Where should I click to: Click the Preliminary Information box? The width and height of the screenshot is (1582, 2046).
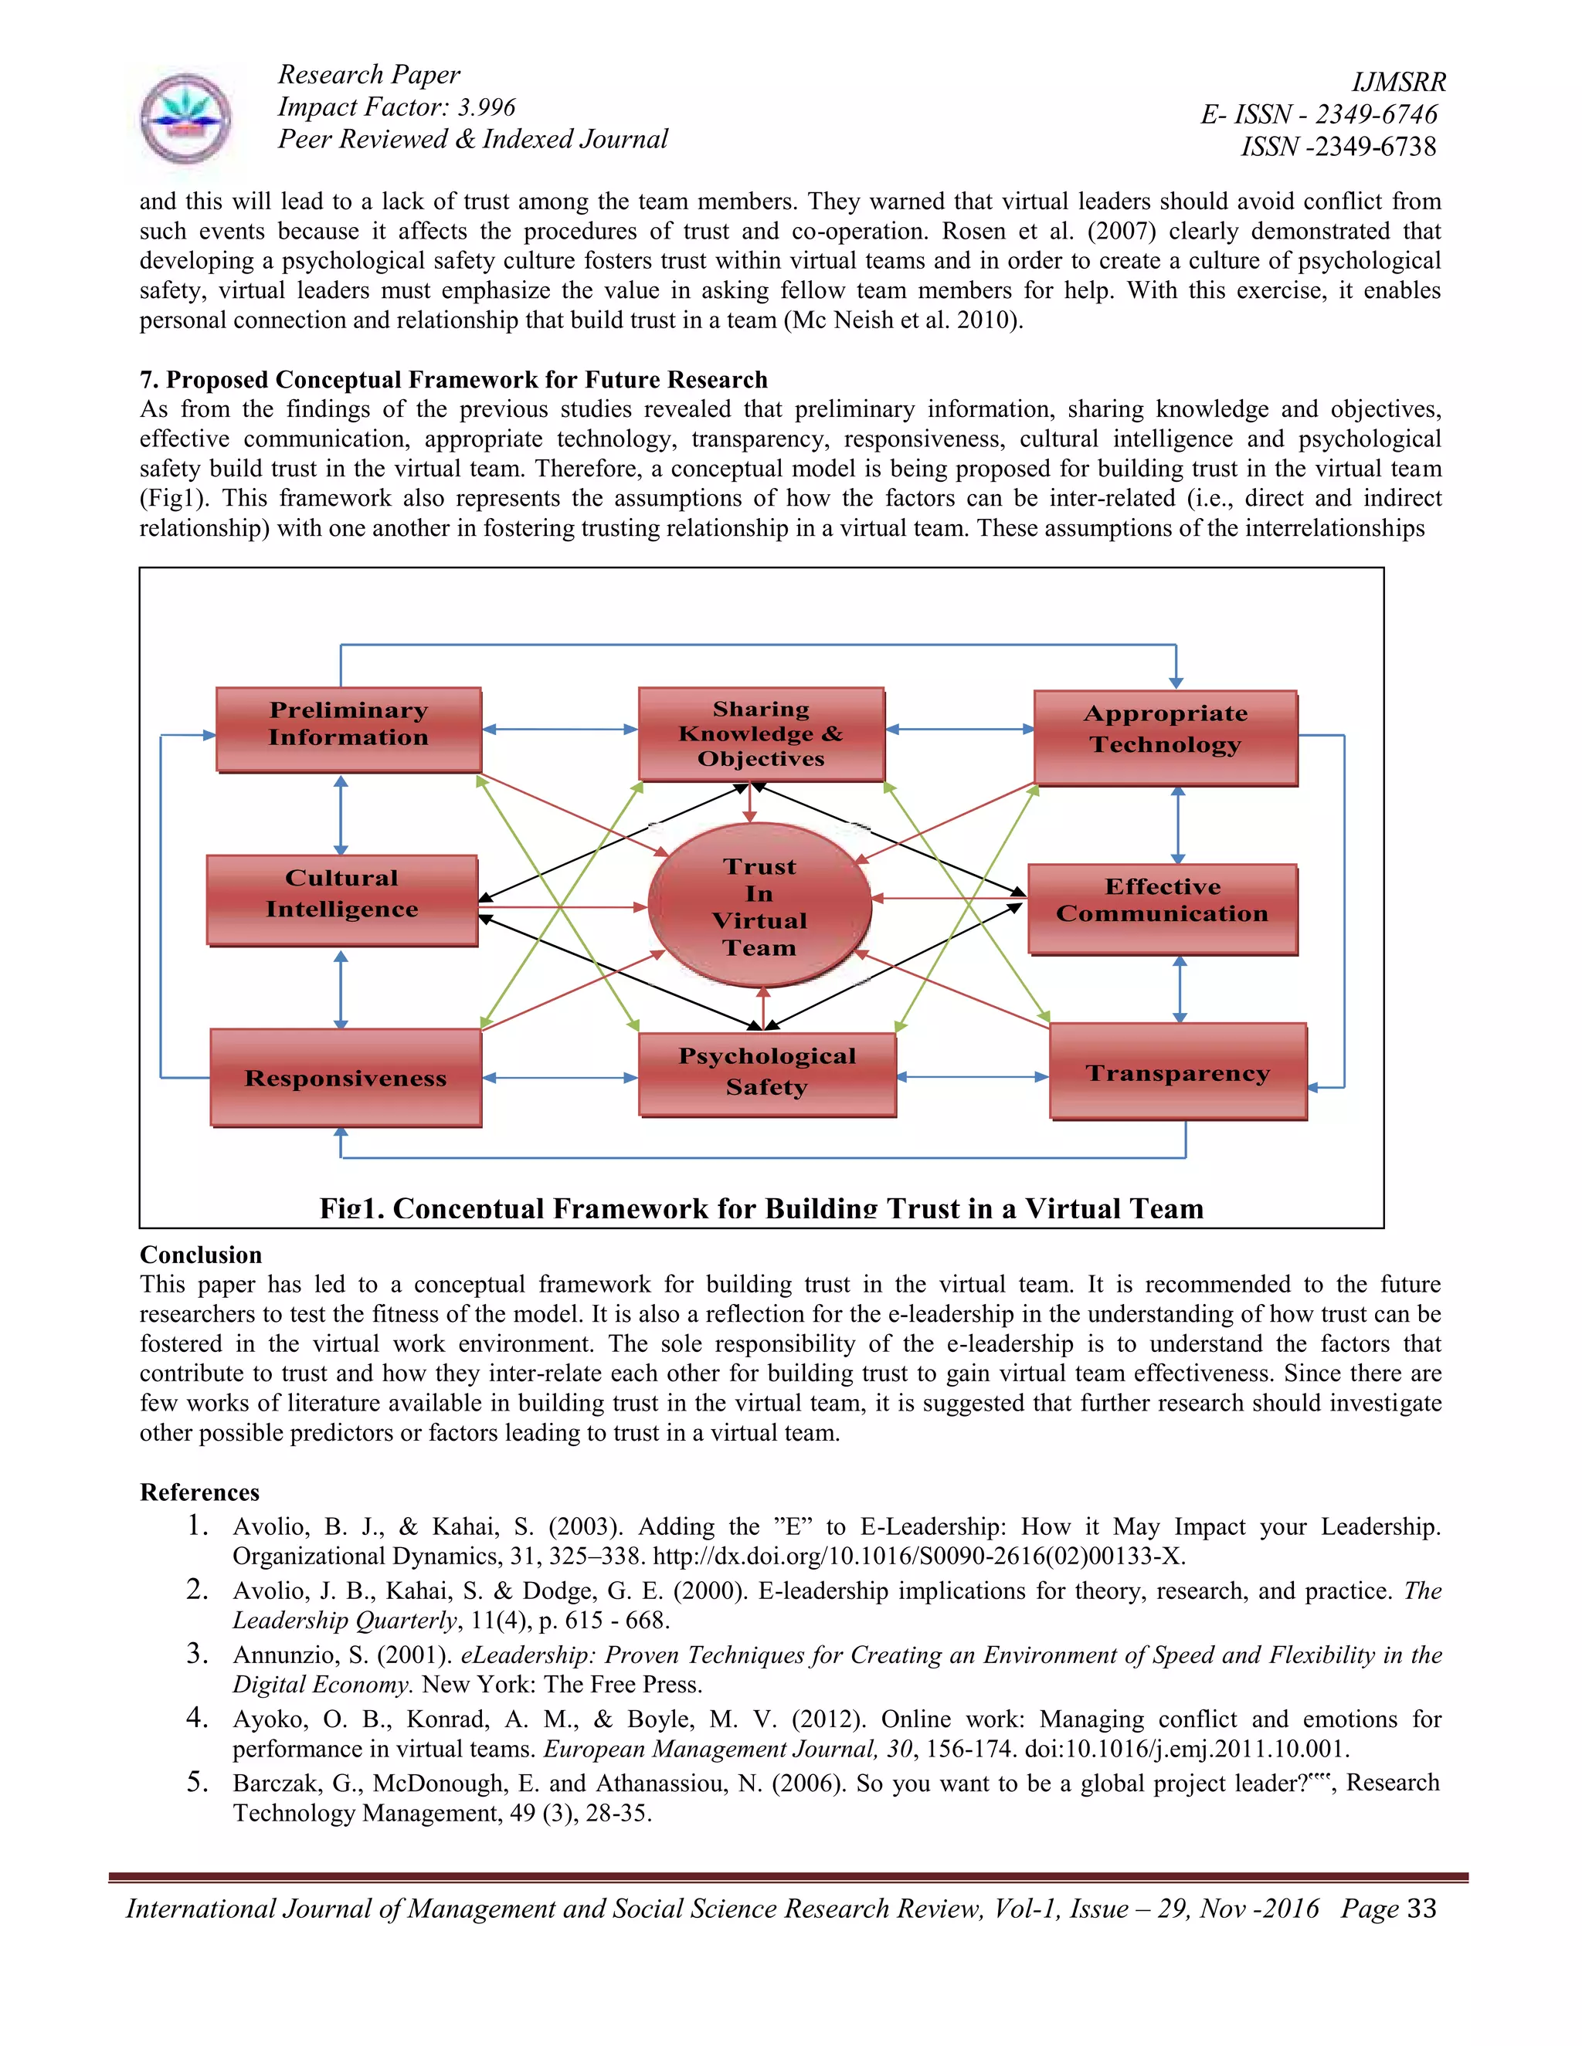pyautogui.click(x=348, y=730)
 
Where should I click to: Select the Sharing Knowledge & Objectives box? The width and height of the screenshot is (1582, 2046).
pyautogui.click(x=761, y=733)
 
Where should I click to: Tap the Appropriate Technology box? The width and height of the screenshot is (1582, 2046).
pyautogui.click(x=1165, y=738)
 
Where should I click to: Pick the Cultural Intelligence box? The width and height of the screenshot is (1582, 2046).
pyautogui.click(x=342, y=900)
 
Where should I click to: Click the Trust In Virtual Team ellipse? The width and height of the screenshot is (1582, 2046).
pyautogui.click(x=759, y=905)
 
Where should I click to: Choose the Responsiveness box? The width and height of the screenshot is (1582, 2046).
pyautogui.click(x=346, y=1077)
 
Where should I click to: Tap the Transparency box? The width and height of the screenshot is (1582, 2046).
pyautogui.click(x=1177, y=1072)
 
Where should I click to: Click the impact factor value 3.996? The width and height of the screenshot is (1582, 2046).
pyautogui.click(x=485, y=108)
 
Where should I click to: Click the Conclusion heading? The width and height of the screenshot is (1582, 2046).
pyautogui.click(x=201, y=1255)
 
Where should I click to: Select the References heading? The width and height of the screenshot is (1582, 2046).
pyautogui.click(x=199, y=1492)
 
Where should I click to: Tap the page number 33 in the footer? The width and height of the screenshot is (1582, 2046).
pyautogui.click(x=1421, y=1909)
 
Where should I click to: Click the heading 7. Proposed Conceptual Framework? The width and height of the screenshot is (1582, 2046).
pyautogui.click(x=453, y=379)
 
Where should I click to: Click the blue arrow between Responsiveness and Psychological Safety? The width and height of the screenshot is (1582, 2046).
pyautogui.click(x=559, y=1079)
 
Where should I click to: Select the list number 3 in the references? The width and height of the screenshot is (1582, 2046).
pyautogui.click(x=197, y=1654)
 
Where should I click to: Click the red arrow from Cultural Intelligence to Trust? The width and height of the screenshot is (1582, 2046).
pyautogui.click(x=562, y=907)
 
